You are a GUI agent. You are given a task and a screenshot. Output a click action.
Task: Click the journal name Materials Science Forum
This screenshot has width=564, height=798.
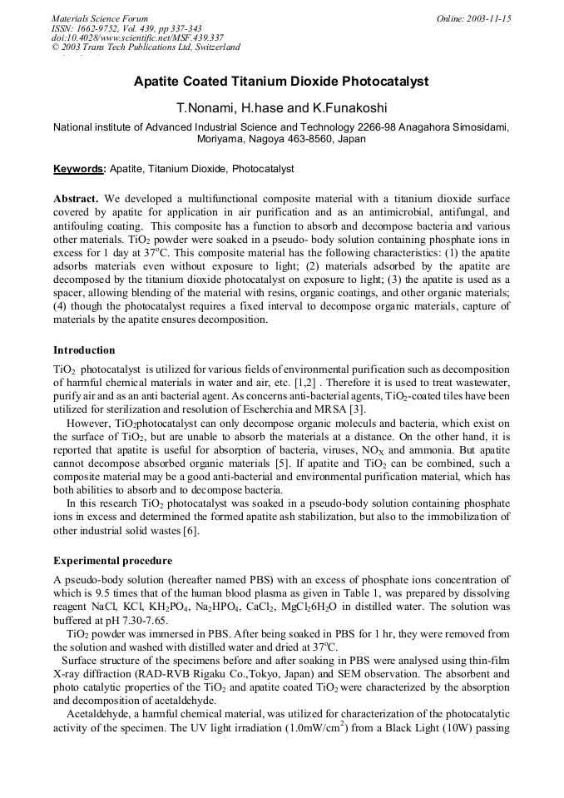pos(100,18)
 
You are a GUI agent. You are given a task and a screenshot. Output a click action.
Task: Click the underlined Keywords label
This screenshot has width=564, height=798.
pos(79,169)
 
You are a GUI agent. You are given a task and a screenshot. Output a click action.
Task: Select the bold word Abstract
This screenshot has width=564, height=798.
pos(76,200)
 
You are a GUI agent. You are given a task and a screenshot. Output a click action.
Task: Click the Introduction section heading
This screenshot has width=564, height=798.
pos(84,350)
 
